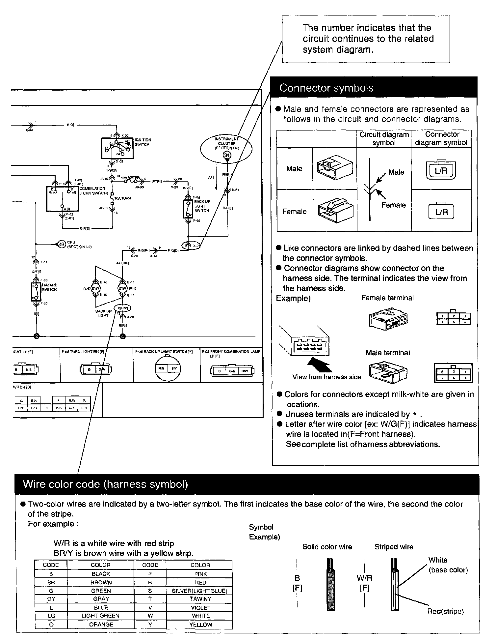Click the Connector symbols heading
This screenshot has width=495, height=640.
[x=326, y=88]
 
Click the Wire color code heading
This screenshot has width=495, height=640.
[x=105, y=484]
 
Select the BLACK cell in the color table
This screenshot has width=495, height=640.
[x=101, y=574]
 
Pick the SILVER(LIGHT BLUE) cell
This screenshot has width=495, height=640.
[x=199, y=591]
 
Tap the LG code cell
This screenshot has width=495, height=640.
[x=51, y=615]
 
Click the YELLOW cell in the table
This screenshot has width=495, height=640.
[x=200, y=624]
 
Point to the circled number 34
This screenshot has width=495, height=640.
[x=227, y=155]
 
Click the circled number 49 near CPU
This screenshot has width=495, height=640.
[x=62, y=244]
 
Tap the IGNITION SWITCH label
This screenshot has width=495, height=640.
[x=143, y=142]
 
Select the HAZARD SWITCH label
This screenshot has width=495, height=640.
[x=49, y=287]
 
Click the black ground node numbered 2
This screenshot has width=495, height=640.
[x=36, y=336]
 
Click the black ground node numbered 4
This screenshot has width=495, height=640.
[x=123, y=336]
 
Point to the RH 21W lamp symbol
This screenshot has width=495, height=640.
[x=122, y=288]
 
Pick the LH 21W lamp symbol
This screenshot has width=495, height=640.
[x=95, y=288]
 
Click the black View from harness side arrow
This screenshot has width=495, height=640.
[x=319, y=365]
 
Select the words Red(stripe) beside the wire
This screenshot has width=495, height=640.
[x=445, y=611]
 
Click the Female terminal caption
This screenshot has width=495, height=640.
[x=387, y=298]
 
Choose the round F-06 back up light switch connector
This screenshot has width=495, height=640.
[x=168, y=368]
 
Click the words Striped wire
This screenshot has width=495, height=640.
[x=394, y=547]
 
